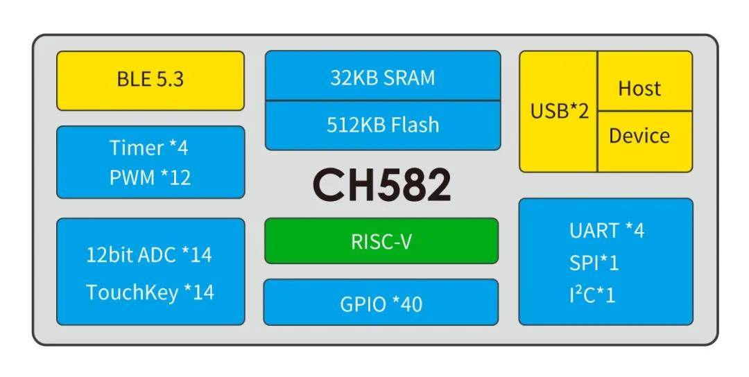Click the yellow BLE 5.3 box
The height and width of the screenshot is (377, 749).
coord(150,80)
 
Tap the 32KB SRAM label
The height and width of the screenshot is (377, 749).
coord(383,78)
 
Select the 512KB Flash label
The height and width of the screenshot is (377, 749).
coord(383,125)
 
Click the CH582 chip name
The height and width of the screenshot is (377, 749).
coord(381,185)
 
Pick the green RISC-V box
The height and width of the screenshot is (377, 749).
coord(381,240)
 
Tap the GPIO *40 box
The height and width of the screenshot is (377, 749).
coord(381,302)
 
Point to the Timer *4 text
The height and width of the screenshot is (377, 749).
coord(149,148)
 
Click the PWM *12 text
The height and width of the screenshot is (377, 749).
coord(150,177)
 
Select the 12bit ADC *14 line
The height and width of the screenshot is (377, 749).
coord(149,255)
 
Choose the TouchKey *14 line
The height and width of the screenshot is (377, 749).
coord(150,292)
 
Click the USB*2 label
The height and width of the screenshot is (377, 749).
coord(560,111)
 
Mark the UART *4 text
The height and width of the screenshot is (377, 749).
coord(607,231)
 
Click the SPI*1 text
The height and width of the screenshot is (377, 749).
coord(594,263)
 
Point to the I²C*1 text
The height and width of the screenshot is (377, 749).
coord(592,295)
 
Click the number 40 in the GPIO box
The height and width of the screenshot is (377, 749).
coord(412,304)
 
